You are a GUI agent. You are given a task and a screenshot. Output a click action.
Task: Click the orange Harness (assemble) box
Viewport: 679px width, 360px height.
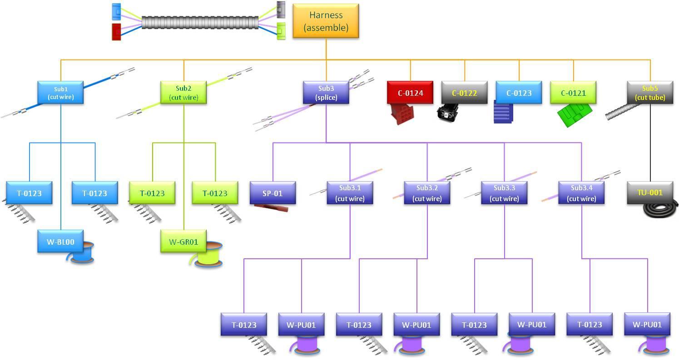click(326, 21)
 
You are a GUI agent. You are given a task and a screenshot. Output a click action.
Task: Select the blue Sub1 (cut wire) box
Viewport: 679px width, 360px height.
click(60, 93)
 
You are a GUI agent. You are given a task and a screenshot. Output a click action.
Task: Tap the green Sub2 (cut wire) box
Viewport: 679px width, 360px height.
click(183, 93)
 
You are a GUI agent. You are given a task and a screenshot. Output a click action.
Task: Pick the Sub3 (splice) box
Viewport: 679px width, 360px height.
click(326, 93)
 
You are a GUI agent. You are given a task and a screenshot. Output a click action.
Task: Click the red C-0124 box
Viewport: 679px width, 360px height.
click(410, 93)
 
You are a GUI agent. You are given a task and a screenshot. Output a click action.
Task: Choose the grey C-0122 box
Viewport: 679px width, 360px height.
click(464, 93)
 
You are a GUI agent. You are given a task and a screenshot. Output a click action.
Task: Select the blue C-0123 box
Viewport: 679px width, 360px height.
click(519, 93)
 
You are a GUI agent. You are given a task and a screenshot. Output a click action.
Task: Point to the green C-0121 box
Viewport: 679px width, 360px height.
click(573, 93)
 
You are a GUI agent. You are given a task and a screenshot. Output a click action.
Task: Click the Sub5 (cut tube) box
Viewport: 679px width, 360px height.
click(650, 93)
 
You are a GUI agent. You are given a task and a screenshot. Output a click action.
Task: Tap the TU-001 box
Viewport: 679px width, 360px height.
click(650, 192)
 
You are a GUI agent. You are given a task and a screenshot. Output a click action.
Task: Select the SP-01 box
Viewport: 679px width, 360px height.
click(273, 193)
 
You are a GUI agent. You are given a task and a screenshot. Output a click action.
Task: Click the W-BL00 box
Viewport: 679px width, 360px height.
click(60, 242)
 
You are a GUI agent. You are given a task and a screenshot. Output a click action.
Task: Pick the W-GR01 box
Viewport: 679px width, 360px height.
click(183, 241)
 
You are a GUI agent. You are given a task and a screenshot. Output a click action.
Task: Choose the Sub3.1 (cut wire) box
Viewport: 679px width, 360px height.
click(350, 193)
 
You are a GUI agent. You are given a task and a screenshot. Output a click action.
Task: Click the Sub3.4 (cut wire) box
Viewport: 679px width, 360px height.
click(581, 193)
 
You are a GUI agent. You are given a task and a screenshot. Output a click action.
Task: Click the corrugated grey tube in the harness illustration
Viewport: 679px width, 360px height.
click(200, 23)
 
